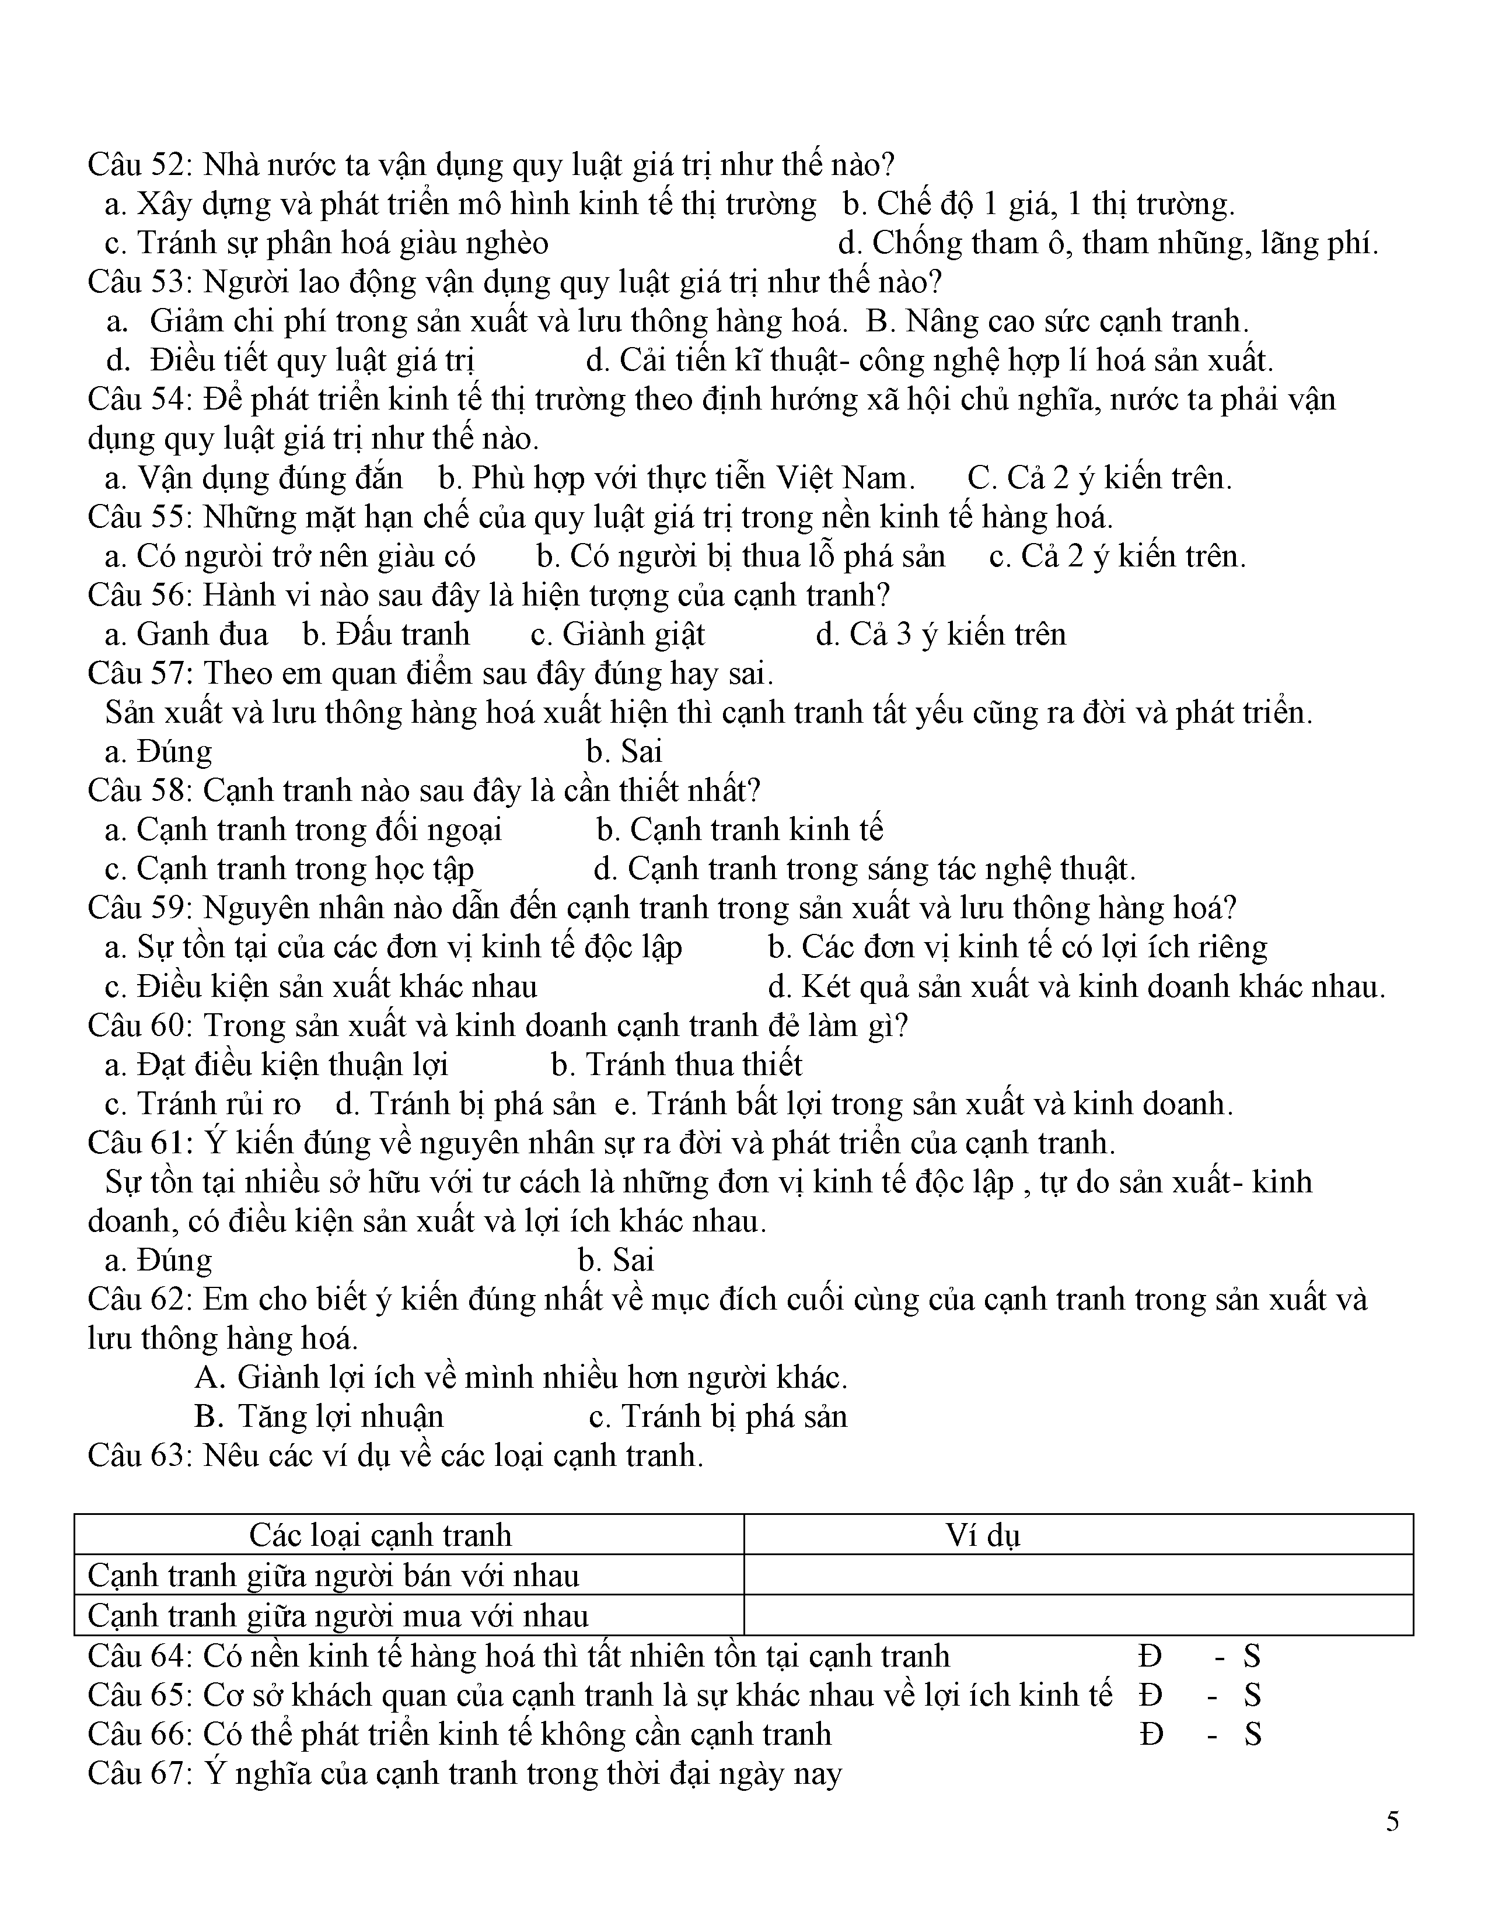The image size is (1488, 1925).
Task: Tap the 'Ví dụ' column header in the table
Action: coord(983,1535)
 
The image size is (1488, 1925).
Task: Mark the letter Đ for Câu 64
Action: coord(1150,1656)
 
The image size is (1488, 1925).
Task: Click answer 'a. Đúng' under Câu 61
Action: coord(159,1259)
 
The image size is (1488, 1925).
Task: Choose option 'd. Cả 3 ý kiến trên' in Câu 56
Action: coord(941,633)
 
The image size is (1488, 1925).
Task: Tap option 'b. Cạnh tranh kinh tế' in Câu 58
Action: coord(739,829)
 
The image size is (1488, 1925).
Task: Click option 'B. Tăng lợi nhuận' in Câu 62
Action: coord(319,1416)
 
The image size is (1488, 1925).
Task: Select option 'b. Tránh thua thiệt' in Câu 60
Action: coord(676,1065)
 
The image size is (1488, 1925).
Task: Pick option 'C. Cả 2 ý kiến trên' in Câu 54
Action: coord(1099,478)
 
